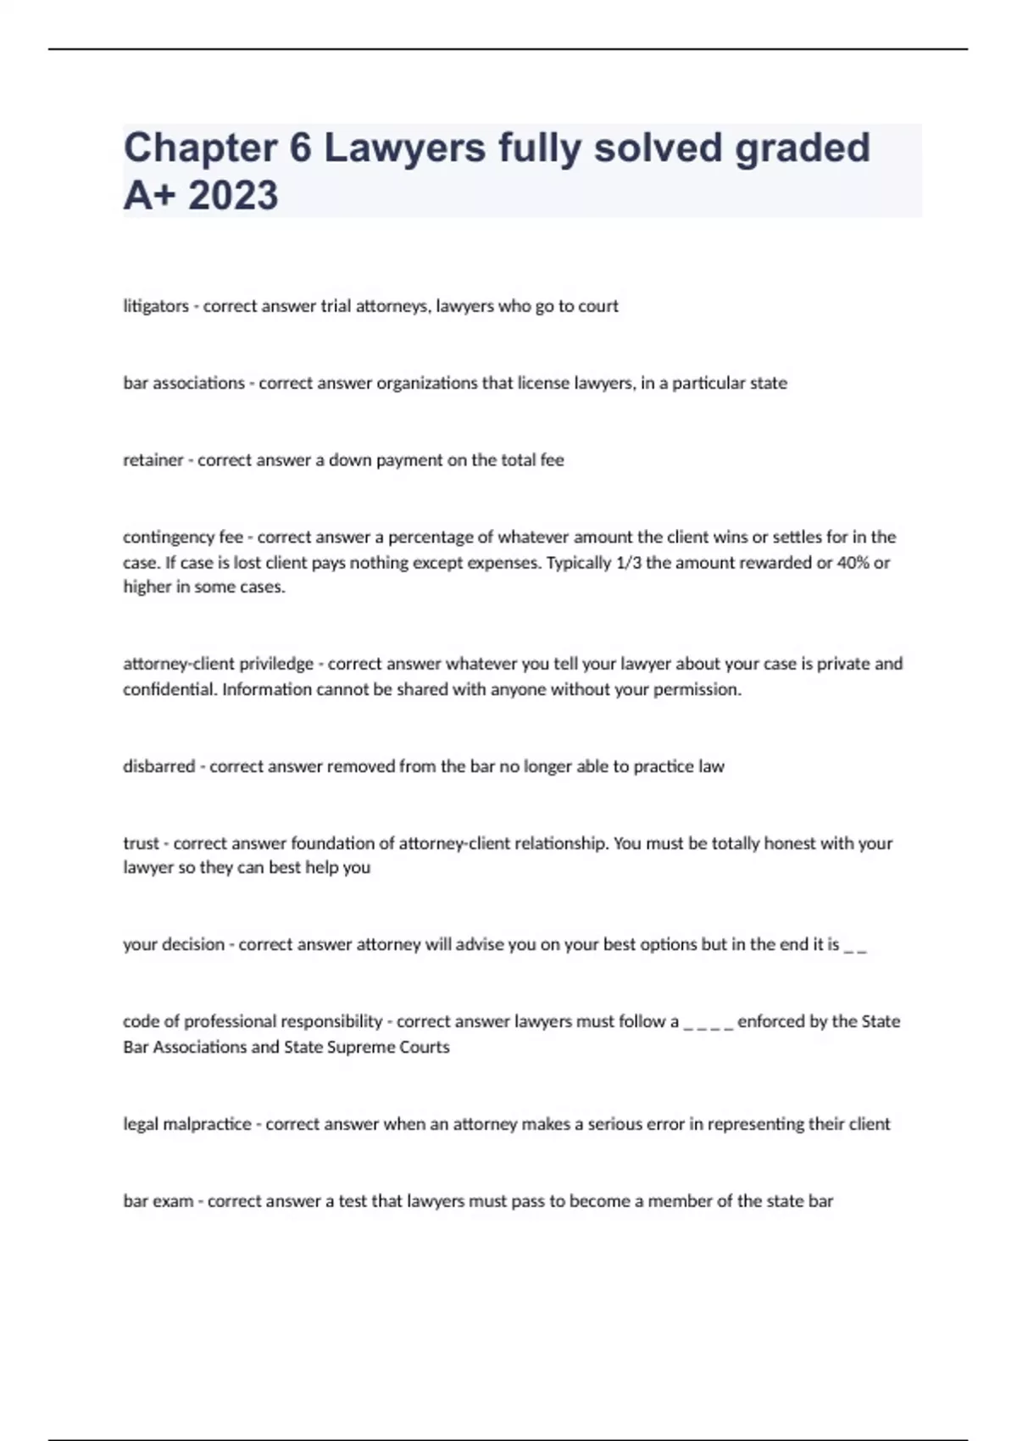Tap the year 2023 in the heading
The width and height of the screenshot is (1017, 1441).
coord(233,195)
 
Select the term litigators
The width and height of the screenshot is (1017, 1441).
coord(156,306)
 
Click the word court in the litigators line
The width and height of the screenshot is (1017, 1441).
coord(598,306)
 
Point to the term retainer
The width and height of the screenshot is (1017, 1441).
coord(153,460)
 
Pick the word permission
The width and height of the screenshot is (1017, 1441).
coord(699,689)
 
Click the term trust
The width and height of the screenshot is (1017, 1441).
coord(141,843)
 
